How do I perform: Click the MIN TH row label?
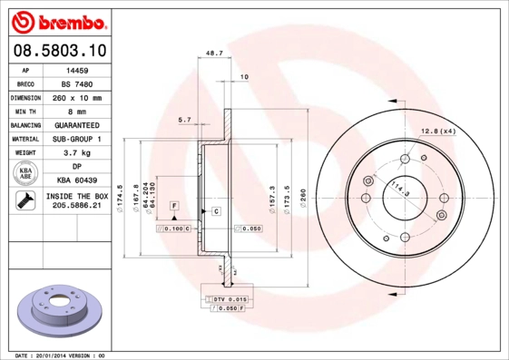pos(24,112)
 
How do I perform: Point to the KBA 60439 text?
pos(76,181)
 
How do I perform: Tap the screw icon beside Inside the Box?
pos(24,201)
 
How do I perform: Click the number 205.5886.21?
pos(76,207)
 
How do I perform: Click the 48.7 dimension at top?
pos(214,54)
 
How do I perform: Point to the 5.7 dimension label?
pos(184,120)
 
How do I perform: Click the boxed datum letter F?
pos(172,207)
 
